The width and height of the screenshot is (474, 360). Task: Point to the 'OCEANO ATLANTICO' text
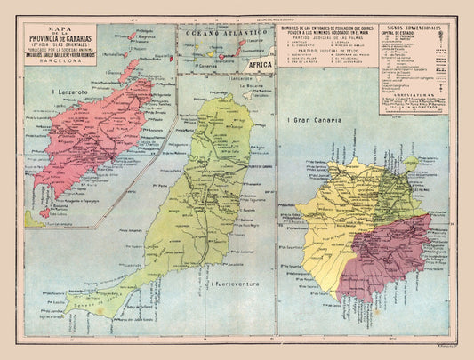click(226, 34)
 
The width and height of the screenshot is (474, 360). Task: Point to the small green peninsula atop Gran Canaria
click(410, 164)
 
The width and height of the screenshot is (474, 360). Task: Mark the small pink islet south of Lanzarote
click(45, 213)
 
